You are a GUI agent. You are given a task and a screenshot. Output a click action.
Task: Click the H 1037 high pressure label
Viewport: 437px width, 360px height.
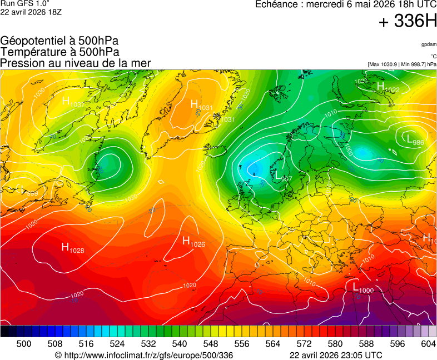(x=72, y=102)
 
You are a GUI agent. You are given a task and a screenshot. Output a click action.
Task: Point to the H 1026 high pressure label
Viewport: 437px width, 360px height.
(x=193, y=241)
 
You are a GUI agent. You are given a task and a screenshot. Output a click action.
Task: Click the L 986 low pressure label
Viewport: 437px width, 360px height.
(x=415, y=141)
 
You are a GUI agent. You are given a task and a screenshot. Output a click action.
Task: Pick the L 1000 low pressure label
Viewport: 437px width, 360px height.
(x=362, y=288)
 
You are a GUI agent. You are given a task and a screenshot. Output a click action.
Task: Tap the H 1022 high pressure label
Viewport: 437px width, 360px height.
(x=388, y=88)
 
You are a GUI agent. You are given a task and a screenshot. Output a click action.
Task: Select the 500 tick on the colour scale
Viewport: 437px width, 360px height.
(x=24, y=344)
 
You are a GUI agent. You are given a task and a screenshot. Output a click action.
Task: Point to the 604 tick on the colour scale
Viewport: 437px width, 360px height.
(x=428, y=344)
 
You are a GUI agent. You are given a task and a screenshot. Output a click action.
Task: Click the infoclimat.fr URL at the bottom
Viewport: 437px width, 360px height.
(x=143, y=355)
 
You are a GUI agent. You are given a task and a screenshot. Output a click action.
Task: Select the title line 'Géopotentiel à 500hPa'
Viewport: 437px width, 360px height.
(x=59, y=41)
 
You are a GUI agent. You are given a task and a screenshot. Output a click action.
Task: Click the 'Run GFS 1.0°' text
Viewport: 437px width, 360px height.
(x=26, y=4)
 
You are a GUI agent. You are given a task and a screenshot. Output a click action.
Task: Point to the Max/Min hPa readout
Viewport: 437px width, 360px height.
(x=402, y=64)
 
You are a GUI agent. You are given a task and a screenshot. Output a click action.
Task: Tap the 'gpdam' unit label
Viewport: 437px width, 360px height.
(x=429, y=44)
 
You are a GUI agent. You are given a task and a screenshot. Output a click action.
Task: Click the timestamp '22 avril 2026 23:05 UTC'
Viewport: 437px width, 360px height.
(x=336, y=355)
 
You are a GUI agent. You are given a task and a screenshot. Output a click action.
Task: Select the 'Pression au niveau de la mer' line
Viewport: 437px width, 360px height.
(x=76, y=63)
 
